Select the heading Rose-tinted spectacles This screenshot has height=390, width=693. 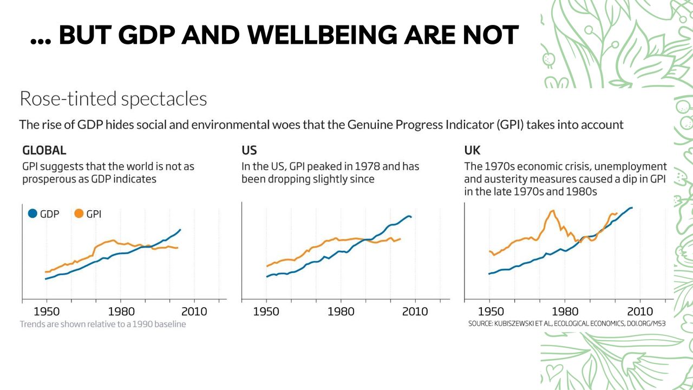[x=113, y=99]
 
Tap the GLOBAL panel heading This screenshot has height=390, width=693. [x=44, y=150]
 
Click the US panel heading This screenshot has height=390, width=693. [x=249, y=150]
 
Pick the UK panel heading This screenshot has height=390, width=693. [x=472, y=150]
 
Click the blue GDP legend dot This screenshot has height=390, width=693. [x=32, y=214]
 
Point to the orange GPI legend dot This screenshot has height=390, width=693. [x=79, y=214]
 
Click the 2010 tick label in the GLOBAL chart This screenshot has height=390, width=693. [x=194, y=311]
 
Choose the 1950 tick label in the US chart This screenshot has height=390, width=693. [x=266, y=311]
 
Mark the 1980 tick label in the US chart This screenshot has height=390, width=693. [x=341, y=311]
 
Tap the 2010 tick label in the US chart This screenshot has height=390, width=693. [x=414, y=311]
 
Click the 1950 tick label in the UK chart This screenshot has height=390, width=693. [x=490, y=311]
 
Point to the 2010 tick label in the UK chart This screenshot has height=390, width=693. [x=640, y=311]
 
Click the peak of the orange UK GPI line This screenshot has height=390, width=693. [x=552, y=211]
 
